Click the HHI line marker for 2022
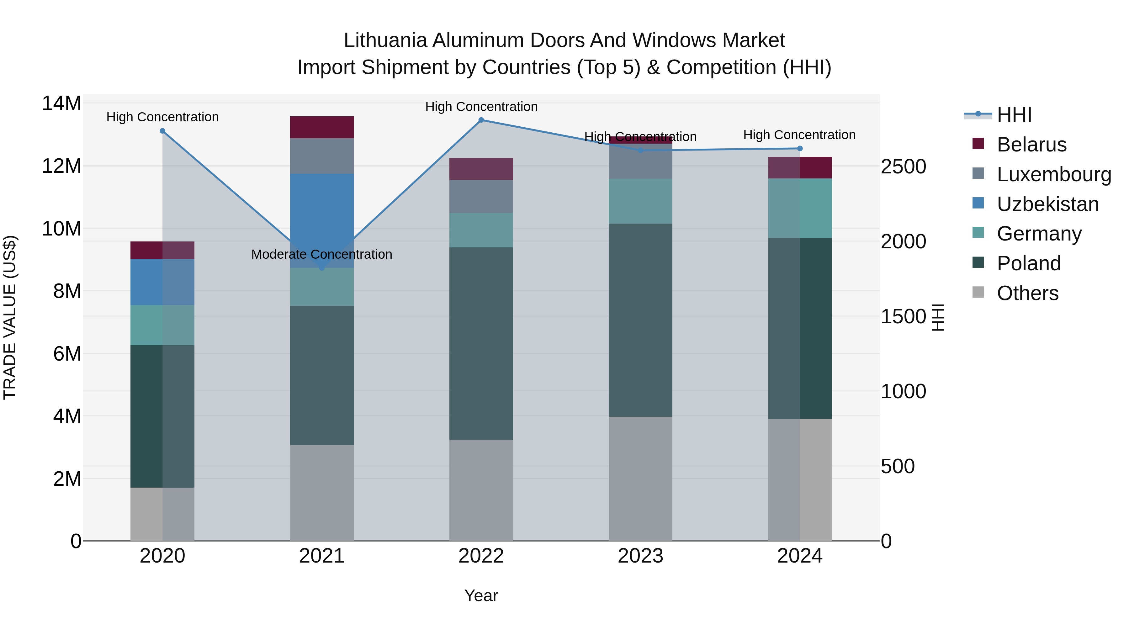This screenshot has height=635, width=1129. [x=481, y=120]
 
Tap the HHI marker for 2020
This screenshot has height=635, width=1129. [x=162, y=131]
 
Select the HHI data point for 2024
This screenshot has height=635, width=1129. [x=799, y=149]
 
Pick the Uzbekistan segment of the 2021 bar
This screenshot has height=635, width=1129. [x=322, y=210]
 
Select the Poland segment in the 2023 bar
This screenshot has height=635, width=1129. [x=640, y=320]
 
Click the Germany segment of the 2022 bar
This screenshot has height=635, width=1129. [x=481, y=230]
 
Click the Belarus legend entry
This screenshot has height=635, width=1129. [x=1031, y=145]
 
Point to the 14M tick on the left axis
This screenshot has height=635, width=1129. [x=61, y=103]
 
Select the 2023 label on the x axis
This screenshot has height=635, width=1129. [x=640, y=556]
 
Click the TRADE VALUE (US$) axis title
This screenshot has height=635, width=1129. [x=10, y=317]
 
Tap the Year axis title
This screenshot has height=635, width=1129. [x=481, y=595]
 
